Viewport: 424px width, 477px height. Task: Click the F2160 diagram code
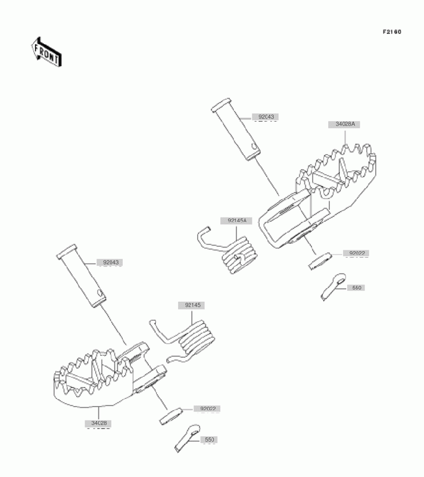tap(391, 32)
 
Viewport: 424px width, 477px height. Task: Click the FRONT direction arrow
tap(46, 52)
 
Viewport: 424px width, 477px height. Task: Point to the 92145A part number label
tap(236, 221)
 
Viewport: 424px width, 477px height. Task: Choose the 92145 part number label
tap(191, 305)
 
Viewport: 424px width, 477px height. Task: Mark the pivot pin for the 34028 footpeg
tap(83, 277)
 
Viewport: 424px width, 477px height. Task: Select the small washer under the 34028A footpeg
tap(319, 261)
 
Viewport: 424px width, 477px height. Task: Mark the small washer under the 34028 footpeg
tap(170, 416)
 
